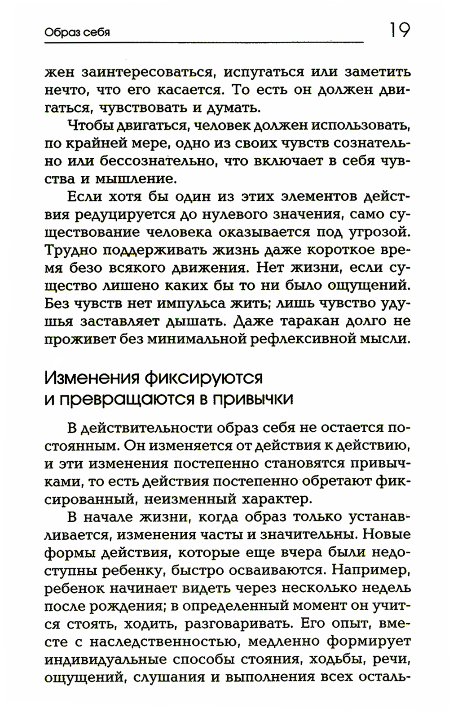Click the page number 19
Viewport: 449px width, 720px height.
point(397,30)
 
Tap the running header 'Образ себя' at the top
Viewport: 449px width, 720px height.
point(77,33)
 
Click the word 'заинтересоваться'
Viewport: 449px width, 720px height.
point(145,72)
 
